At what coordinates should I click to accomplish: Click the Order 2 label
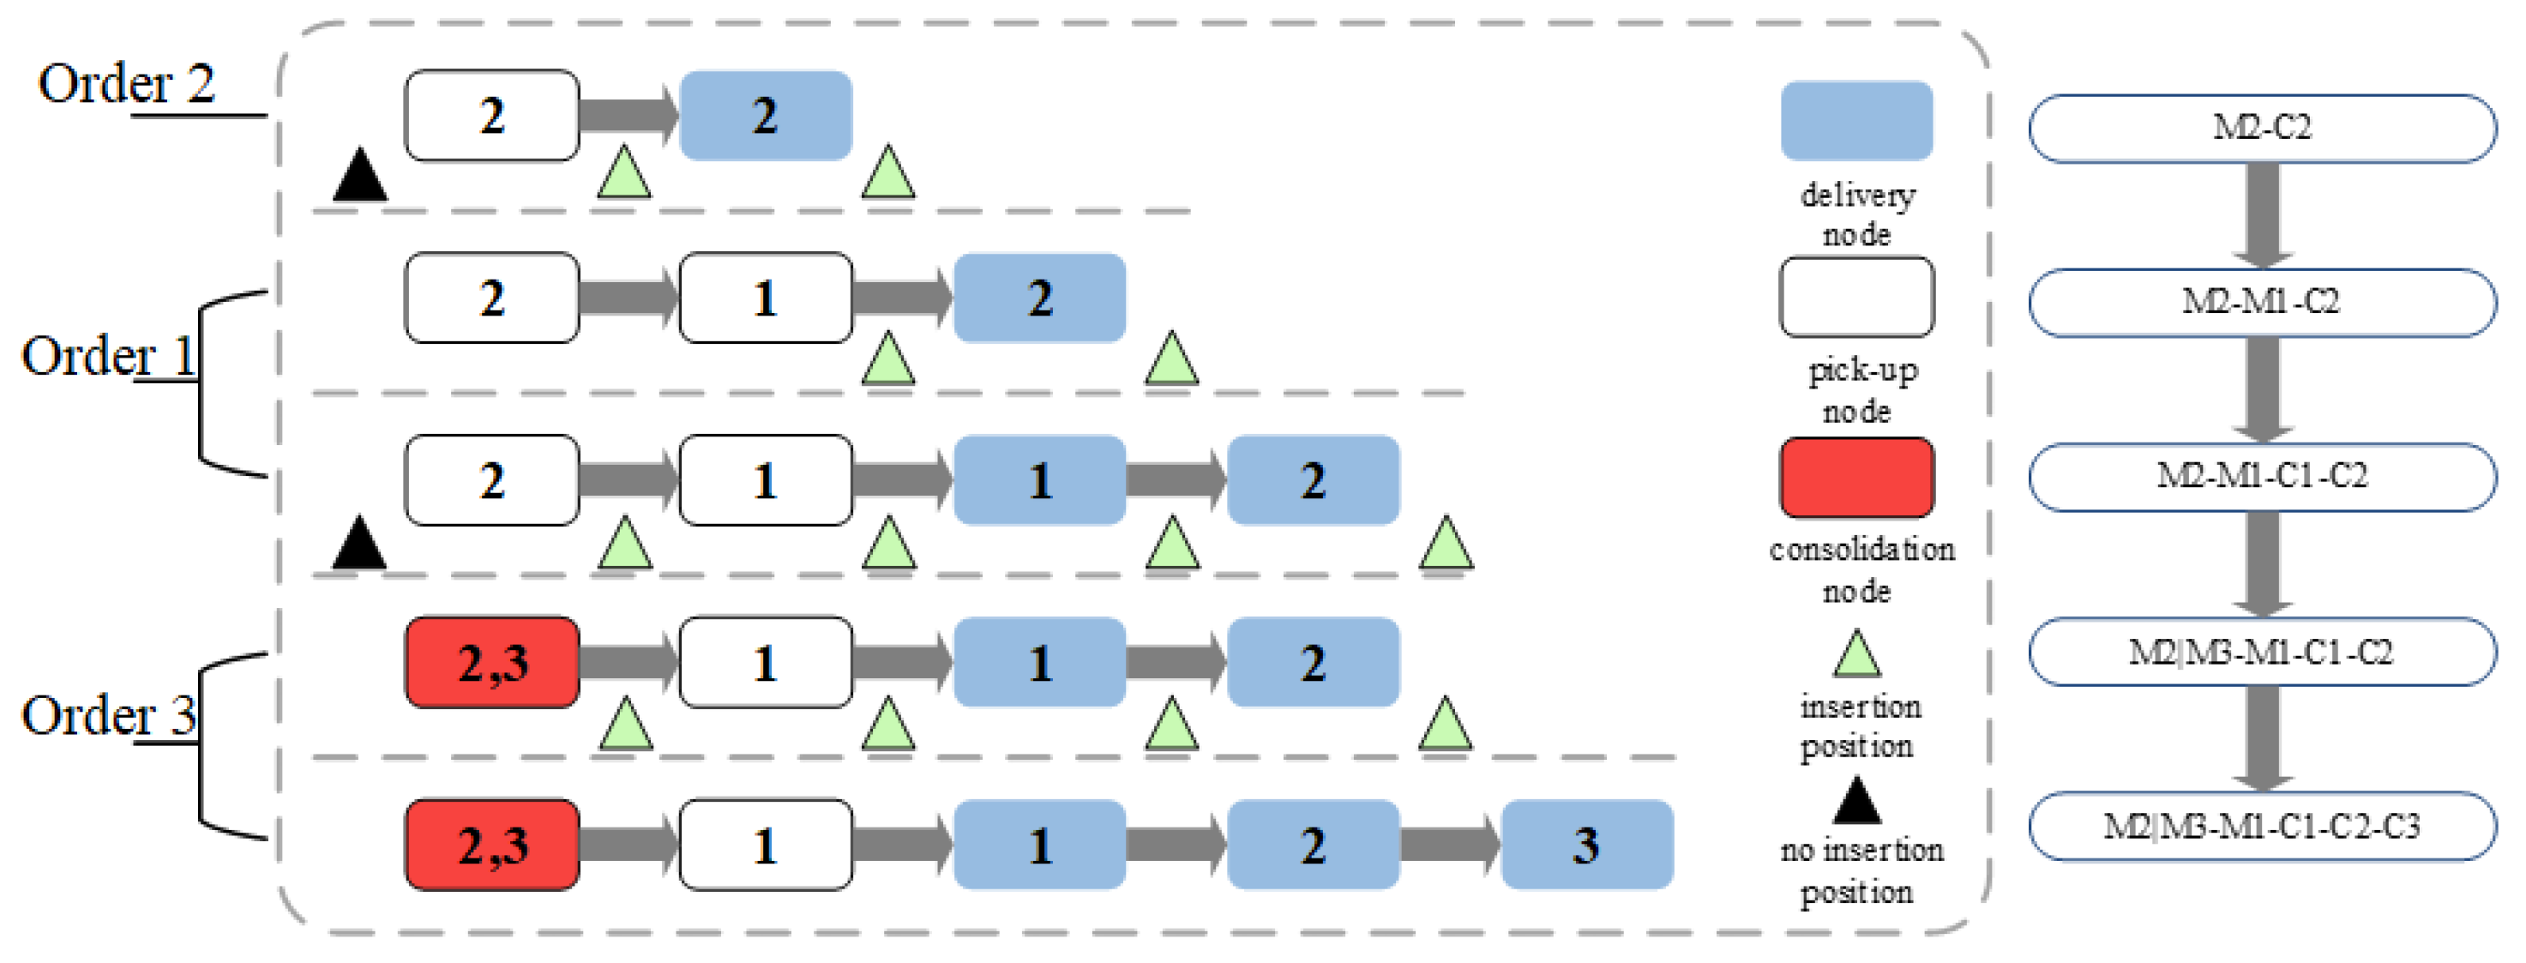click(125, 84)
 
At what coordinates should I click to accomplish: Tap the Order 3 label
click(108, 716)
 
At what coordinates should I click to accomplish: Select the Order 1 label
click(108, 356)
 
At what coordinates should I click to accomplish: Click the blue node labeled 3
click(1585, 845)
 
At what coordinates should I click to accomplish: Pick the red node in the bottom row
click(491, 845)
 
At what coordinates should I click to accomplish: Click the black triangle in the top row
click(360, 177)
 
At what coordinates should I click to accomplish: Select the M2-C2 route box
click(2261, 129)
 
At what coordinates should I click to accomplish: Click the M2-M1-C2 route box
click(2261, 302)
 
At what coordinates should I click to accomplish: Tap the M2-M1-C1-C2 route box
click(2261, 477)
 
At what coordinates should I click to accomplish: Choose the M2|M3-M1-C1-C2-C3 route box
click(2261, 827)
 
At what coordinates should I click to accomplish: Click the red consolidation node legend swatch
click(1855, 478)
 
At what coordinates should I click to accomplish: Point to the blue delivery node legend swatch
click(1855, 121)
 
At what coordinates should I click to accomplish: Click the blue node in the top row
click(765, 116)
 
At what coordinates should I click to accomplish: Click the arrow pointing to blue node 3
click(1448, 845)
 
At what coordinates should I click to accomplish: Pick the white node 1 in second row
click(765, 298)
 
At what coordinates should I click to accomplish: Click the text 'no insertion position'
click(1860, 871)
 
